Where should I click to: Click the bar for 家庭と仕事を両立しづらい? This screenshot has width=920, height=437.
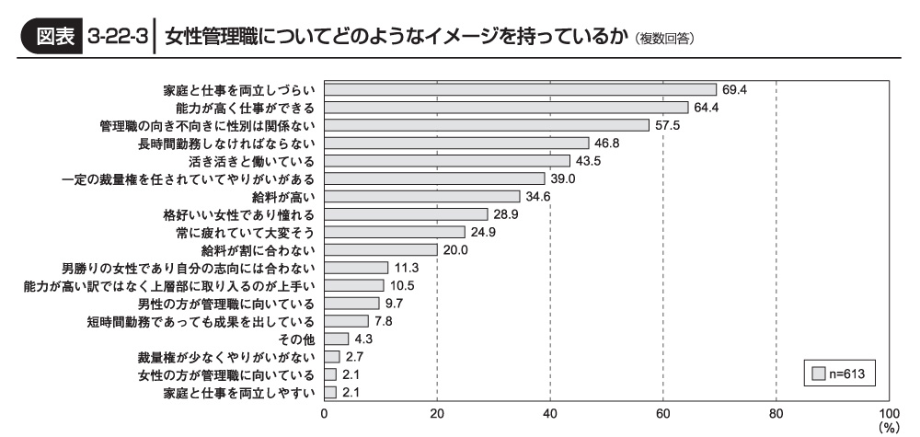(520, 89)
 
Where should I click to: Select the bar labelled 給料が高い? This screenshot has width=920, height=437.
(421, 196)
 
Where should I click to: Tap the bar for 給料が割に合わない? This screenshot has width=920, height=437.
(380, 249)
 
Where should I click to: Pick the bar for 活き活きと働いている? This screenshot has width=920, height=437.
(446, 160)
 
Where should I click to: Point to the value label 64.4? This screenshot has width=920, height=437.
(707, 107)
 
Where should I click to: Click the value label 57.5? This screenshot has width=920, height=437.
(667, 125)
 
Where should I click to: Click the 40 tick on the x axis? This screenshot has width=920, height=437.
(550, 413)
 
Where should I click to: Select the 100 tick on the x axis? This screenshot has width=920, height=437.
(888, 413)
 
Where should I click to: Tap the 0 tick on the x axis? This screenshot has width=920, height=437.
(324, 413)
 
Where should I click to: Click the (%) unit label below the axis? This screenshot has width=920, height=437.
(888, 427)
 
